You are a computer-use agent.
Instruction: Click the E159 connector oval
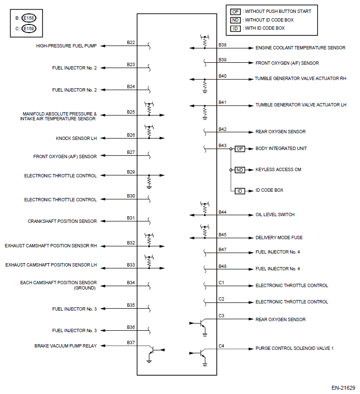(x=28, y=28)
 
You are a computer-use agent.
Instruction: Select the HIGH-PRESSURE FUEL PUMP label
(x=66, y=46)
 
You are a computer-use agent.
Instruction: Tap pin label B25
(x=131, y=112)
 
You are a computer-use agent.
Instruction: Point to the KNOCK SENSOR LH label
(x=76, y=139)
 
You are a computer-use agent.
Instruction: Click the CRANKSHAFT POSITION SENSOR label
(x=62, y=221)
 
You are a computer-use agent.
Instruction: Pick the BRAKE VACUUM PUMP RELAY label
(x=66, y=346)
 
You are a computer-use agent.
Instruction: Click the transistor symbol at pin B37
(x=152, y=351)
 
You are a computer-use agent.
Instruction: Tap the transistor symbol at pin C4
(x=202, y=354)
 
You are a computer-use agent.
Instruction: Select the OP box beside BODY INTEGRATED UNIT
(x=240, y=149)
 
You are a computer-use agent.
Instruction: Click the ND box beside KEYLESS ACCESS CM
(x=240, y=170)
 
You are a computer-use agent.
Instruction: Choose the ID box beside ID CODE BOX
(x=240, y=191)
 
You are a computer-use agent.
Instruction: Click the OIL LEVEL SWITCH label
(x=275, y=215)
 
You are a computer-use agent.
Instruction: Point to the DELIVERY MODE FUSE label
(x=279, y=238)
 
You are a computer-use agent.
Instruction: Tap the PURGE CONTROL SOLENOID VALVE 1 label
(x=294, y=348)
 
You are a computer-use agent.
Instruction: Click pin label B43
(x=222, y=145)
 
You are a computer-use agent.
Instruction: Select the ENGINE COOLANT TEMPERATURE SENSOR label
(x=300, y=48)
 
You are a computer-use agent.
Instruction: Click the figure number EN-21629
(x=343, y=387)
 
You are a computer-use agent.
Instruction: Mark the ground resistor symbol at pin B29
(x=149, y=182)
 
